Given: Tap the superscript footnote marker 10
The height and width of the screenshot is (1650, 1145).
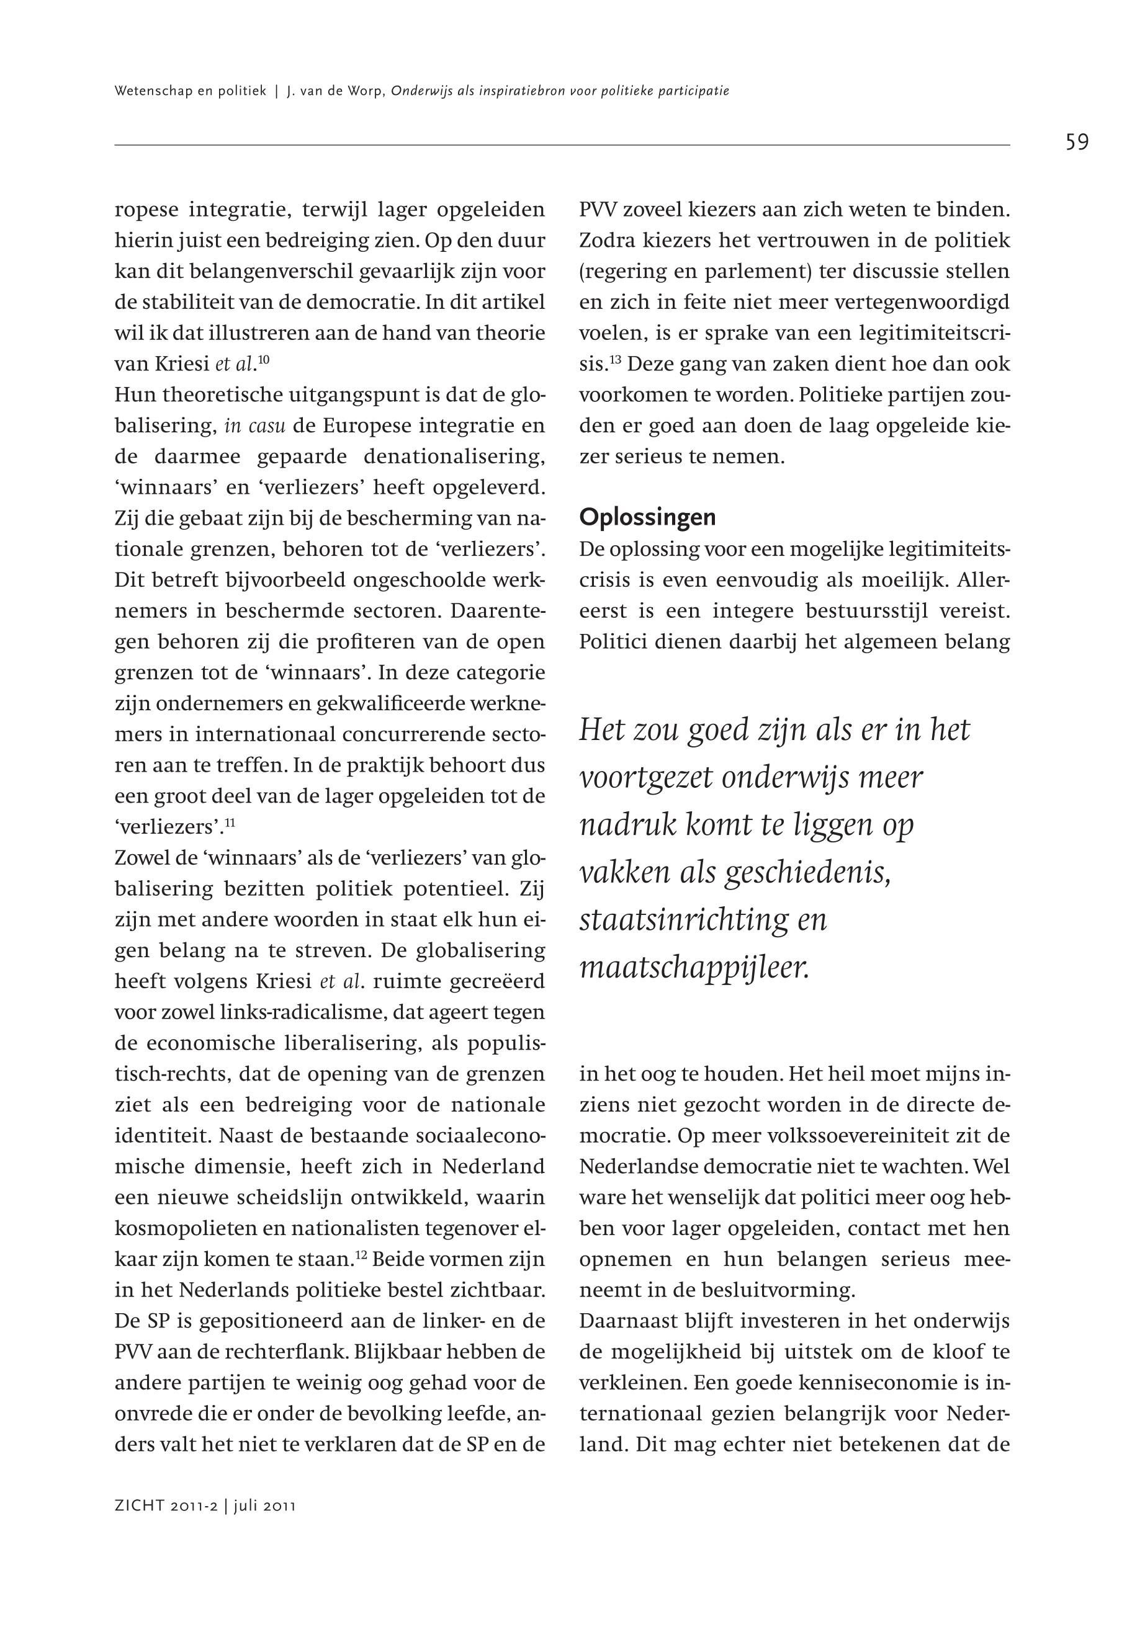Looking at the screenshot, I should [263, 359].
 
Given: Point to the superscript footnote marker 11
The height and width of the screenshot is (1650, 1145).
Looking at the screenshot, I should [230, 823].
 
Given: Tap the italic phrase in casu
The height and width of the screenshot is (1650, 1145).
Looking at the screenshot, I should [254, 426].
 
